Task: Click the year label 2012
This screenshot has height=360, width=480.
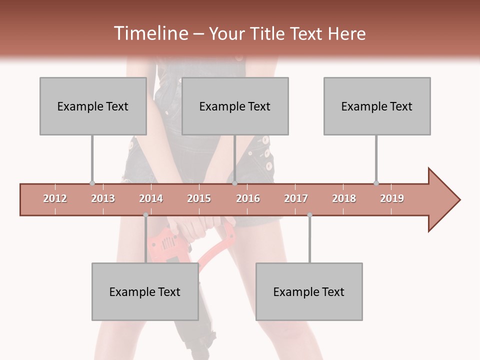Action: pyautogui.click(x=55, y=198)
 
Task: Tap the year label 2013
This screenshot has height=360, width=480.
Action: pyautogui.click(x=103, y=198)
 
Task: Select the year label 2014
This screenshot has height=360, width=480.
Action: pyautogui.click(x=151, y=198)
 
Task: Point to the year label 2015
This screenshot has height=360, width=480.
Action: pyautogui.click(x=199, y=198)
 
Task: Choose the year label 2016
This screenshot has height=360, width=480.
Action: pyautogui.click(x=248, y=198)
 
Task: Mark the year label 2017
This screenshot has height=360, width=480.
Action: pyautogui.click(x=296, y=198)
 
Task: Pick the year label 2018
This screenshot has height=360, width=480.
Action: pyautogui.click(x=344, y=198)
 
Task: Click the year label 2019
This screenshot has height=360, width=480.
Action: pyautogui.click(x=392, y=198)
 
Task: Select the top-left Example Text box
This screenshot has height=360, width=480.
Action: pyautogui.click(x=93, y=106)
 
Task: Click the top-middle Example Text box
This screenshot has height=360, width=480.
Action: pyautogui.click(x=235, y=106)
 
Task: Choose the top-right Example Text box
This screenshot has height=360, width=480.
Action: pyautogui.click(x=377, y=106)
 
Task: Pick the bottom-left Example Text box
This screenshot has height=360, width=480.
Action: pyautogui.click(x=145, y=291)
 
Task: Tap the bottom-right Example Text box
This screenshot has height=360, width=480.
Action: pyautogui.click(x=309, y=291)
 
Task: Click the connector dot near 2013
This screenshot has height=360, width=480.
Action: pyautogui.click(x=92, y=183)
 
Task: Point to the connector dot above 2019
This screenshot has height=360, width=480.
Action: pyautogui.click(x=376, y=183)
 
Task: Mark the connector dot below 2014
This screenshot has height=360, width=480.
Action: pyautogui.click(x=145, y=215)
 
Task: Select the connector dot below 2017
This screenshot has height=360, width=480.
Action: pyautogui.click(x=309, y=215)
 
